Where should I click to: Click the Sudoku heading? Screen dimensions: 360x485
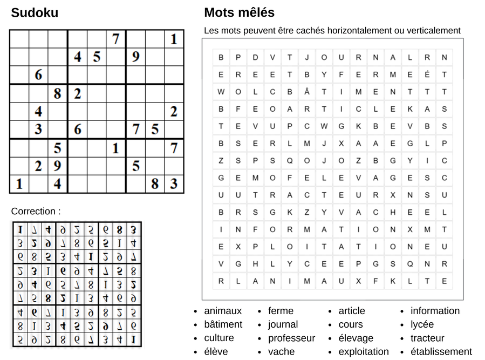point(35,13)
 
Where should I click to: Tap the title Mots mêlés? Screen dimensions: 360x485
point(239,13)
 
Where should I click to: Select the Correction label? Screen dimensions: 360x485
point(36,211)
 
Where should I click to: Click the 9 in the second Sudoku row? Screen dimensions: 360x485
point(135,57)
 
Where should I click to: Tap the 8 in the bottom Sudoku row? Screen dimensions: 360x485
point(155,184)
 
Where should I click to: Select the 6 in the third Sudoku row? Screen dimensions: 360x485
point(38,74)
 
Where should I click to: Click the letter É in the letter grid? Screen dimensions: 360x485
point(427,74)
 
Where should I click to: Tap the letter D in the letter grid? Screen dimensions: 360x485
point(256,57)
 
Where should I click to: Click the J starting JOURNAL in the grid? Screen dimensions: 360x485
point(307,57)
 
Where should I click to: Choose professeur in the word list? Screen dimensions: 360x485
point(291,338)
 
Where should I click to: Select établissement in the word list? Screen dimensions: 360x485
point(441,352)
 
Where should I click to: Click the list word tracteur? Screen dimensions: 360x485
point(427,338)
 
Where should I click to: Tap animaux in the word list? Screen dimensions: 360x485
point(223,311)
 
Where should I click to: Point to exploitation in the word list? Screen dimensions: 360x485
point(363,352)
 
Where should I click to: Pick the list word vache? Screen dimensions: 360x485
point(281,352)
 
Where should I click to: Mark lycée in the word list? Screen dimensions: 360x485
point(422,324)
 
